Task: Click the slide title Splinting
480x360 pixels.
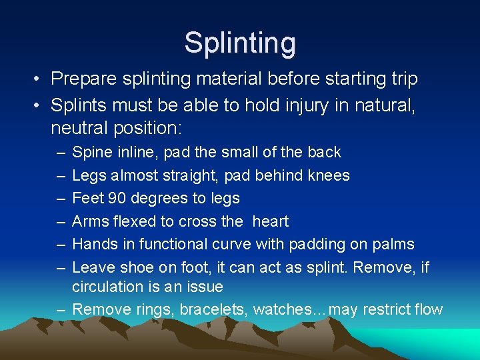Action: coord(240,43)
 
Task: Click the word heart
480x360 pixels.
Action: coord(271,221)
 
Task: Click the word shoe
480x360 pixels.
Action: coord(136,267)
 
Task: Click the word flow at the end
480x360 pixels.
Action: coord(428,309)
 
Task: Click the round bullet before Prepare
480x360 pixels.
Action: coord(39,79)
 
